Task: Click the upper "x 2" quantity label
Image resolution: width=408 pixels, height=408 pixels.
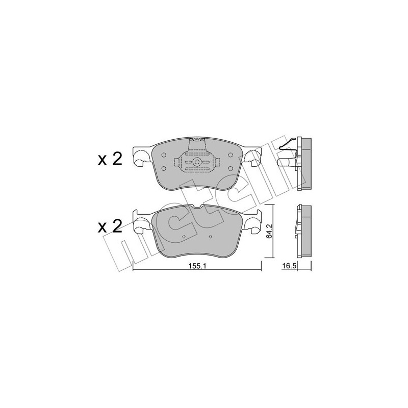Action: pos(110,159)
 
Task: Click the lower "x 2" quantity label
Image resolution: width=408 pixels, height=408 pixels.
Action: pos(110,226)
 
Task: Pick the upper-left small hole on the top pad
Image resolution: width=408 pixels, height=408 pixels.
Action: pos(163,155)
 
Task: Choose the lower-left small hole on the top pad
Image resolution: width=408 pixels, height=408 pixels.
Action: pos(163,169)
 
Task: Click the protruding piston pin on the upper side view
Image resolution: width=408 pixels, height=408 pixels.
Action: pos(287,164)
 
